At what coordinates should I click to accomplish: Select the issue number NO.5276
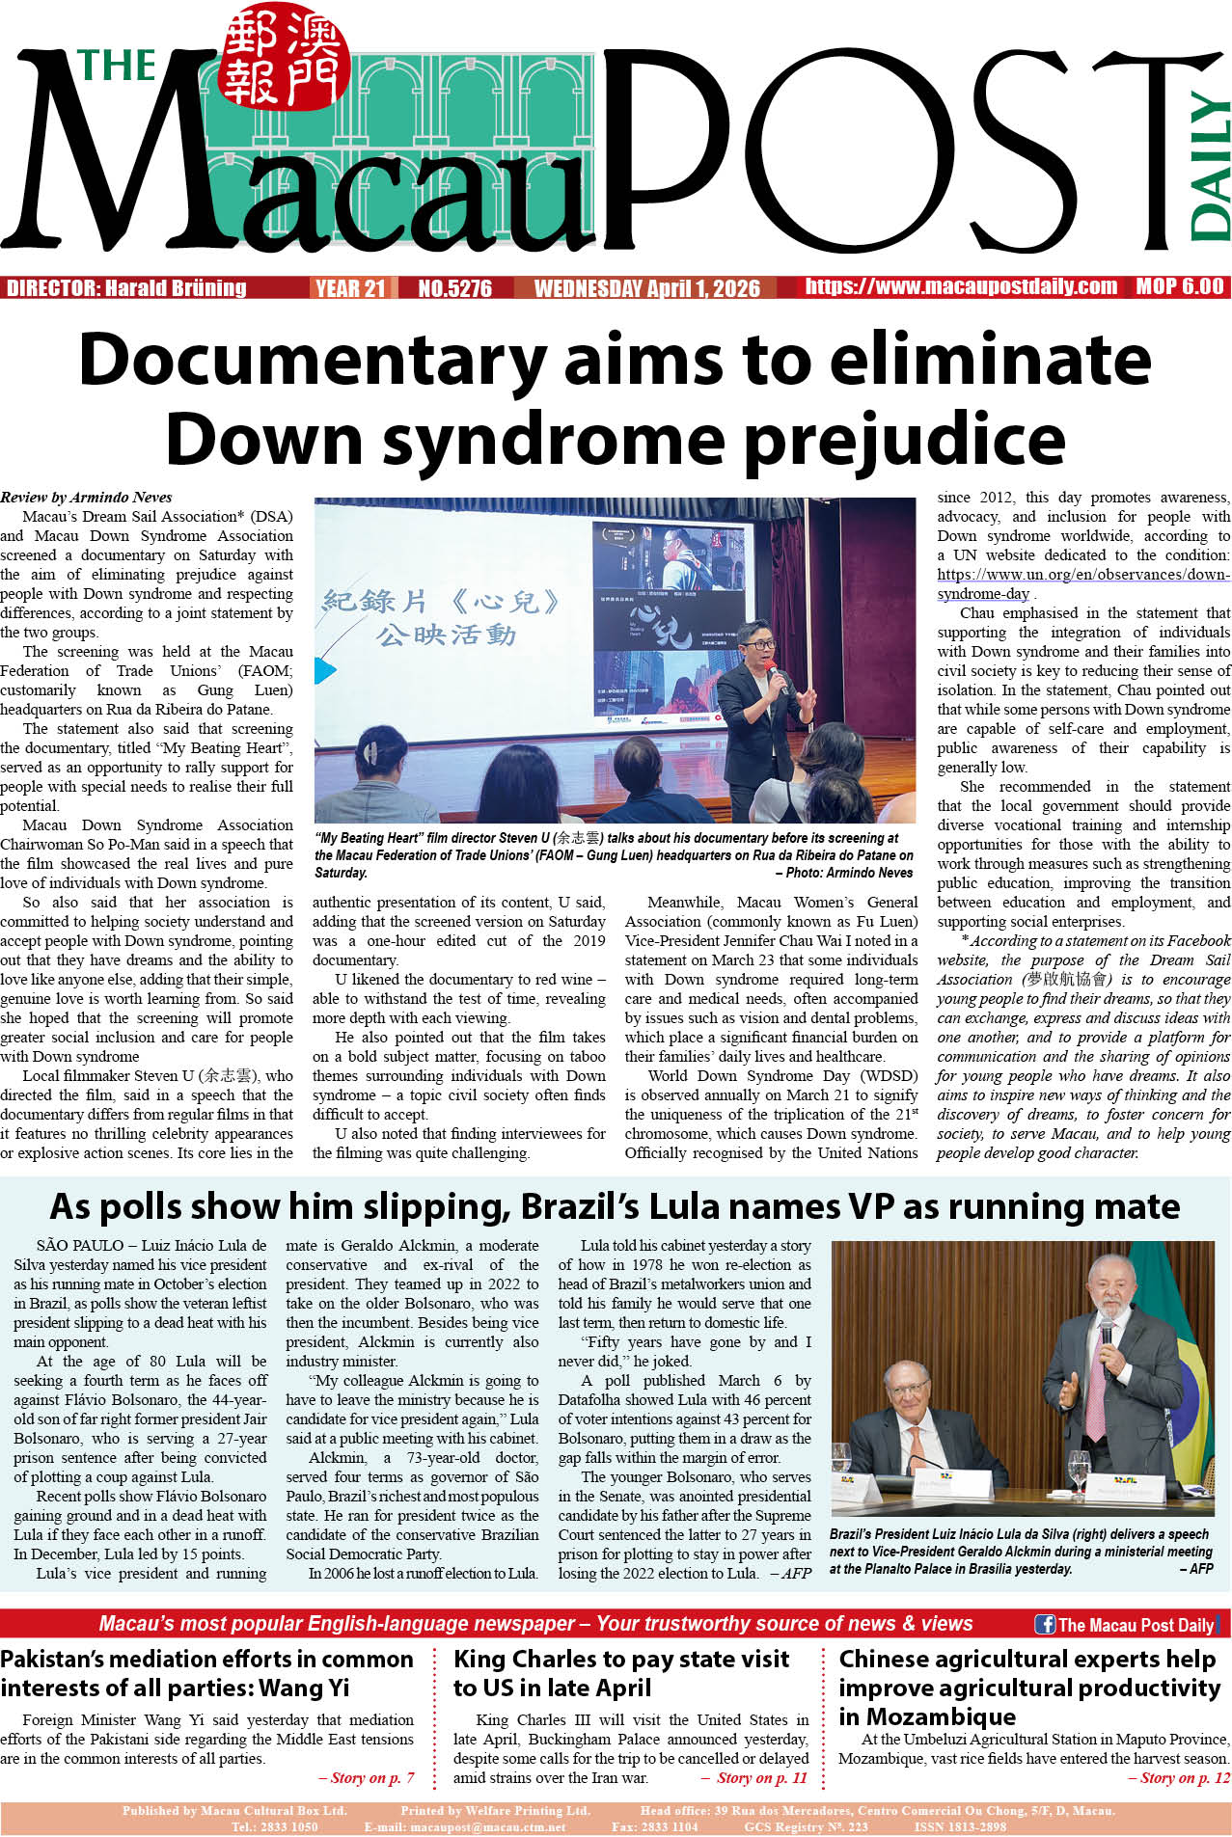[454, 288]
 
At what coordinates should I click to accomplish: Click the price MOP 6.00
[1179, 286]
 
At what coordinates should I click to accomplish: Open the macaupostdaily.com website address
[961, 286]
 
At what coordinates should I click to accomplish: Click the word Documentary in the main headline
[312, 360]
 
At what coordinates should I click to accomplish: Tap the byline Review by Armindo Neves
[86, 498]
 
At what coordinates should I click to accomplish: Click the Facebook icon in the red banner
[1045, 1624]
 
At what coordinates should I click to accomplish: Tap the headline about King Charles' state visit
[621, 1673]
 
